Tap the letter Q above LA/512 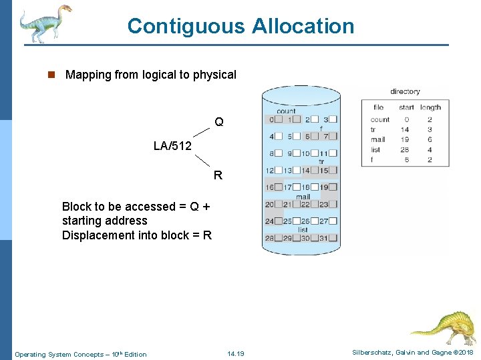(219, 122)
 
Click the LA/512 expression (172, 145)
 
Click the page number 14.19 (236, 353)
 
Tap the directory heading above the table (405, 91)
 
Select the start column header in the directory (406, 107)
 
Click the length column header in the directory (431, 107)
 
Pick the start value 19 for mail (405, 140)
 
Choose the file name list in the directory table (375, 150)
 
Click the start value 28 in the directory (405, 150)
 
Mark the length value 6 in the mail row (430, 140)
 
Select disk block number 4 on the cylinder (271, 136)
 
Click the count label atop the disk (286, 111)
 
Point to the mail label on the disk (303, 197)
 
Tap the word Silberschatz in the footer (372, 353)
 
